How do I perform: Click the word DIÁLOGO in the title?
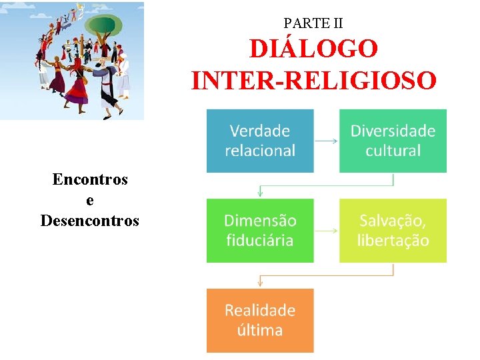[x=314, y=49]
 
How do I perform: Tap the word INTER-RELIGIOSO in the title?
[x=314, y=81]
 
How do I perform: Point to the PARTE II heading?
[x=313, y=23]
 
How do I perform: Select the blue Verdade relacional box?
[x=260, y=141]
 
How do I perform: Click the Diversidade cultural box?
[x=393, y=141]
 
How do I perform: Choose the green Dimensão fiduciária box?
[x=260, y=230]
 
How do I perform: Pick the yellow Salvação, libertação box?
[x=393, y=230]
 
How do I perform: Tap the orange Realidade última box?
[x=260, y=320]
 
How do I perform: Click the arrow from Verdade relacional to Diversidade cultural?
[x=326, y=141]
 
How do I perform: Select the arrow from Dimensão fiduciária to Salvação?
[x=326, y=231]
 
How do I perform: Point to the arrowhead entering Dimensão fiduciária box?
[x=260, y=194]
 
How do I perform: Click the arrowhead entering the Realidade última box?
[x=260, y=284]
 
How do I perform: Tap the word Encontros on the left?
[x=90, y=179]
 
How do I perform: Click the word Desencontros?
[x=90, y=220]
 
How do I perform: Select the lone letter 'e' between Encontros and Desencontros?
[x=90, y=200]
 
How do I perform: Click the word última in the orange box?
[x=260, y=330]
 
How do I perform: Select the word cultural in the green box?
[x=393, y=151]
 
